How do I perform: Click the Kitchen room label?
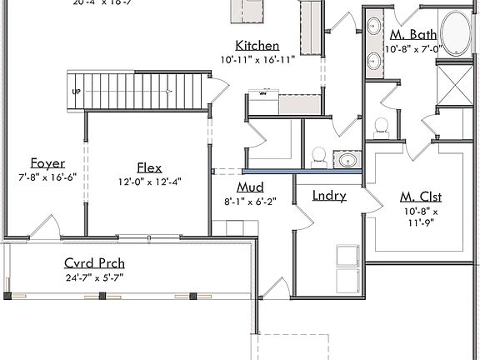[x=257, y=46]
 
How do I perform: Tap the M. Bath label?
[x=412, y=35]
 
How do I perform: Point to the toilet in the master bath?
[x=382, y=126]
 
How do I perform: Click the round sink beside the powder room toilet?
[x=347, y=158]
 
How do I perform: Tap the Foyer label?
[x=47, y=163]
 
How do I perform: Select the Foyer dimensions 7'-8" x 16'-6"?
[x=47, y=177]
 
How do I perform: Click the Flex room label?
[x=150, y=167]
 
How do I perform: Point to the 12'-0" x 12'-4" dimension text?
[x=150, y=181]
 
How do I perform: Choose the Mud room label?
[x=250, y=187]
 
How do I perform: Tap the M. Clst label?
[x=421, y=197]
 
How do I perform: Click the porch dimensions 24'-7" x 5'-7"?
[x=94, y=277]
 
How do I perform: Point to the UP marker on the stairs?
[x=77, y=92]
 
